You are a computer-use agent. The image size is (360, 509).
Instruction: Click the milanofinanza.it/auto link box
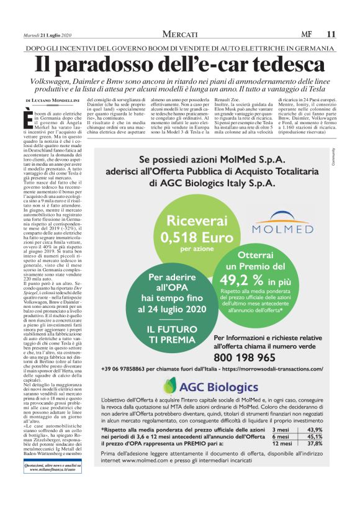pos(56,484)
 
